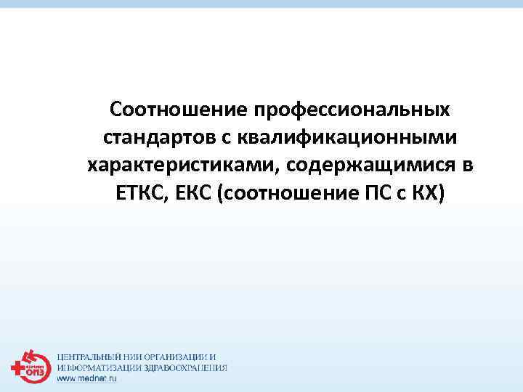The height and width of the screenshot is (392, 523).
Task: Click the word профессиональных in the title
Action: [x=352, y=110]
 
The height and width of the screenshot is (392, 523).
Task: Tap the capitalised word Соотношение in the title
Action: [x=179, y=110]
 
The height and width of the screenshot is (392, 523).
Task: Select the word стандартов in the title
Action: [x=155, y=138]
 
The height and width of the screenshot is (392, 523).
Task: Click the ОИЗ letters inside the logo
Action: [x=34, y=370]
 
